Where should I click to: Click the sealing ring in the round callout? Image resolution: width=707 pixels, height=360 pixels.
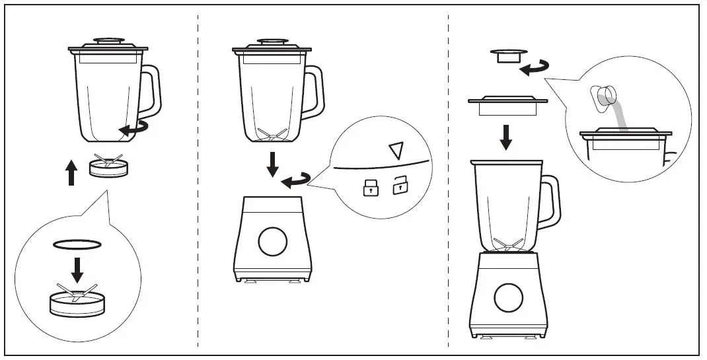pos(77,245)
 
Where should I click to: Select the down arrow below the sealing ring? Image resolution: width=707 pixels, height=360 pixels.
pos(77,268)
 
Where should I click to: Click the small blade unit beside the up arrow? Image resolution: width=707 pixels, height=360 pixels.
pos(108,166)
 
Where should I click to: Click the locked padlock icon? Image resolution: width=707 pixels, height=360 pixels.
pos(367,188)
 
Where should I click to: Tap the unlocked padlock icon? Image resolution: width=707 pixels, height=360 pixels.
pos(400,187)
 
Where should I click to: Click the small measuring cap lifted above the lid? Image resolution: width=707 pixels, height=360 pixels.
pos(505,55)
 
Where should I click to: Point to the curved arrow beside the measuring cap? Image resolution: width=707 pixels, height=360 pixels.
pos(533,67)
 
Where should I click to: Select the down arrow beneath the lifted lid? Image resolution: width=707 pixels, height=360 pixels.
pos(505,135)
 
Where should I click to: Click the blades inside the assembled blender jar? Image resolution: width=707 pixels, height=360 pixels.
pos(507,245)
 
